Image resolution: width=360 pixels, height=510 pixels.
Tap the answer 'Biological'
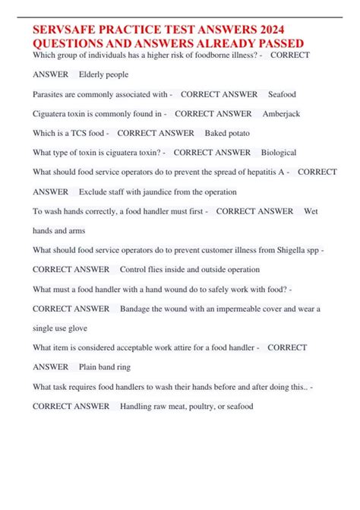tap(278, 153)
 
